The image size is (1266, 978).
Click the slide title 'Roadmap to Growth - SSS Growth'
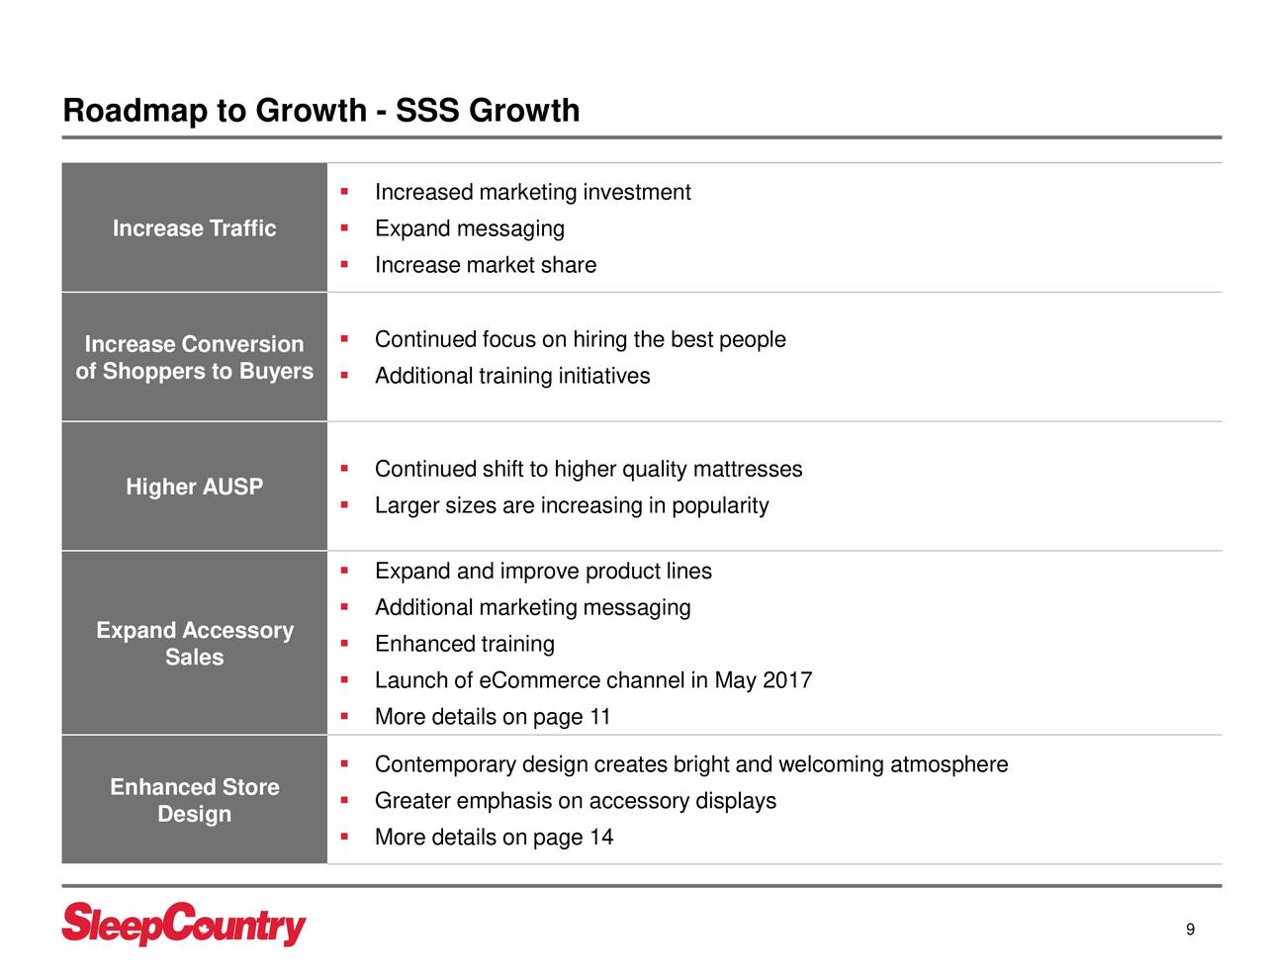click(320, 111)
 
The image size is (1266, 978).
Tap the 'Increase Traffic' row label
click(194, 228)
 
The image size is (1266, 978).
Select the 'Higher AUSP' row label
click(194, 487)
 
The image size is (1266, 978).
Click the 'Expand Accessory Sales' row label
click(194, 644)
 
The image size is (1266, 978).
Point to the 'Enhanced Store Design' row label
click(194, 800)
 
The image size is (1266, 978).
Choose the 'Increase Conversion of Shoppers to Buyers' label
click(194, 357)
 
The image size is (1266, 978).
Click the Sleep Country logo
click(184, 926)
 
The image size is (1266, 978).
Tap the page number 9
click(1190, 930)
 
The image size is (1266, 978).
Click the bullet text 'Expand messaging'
click(469, 228)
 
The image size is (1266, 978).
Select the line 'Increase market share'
click(485, 265)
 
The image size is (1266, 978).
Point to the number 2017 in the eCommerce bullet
click(787, 680)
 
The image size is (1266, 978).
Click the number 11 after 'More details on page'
click(599, 717)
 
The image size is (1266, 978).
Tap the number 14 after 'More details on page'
click(600, 838)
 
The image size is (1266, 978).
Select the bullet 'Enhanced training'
click(464, 644)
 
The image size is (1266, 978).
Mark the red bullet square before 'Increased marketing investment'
click(343, 190)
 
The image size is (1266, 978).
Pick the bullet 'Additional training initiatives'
click(511, 376)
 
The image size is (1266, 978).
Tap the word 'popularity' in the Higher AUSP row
click(720, 505)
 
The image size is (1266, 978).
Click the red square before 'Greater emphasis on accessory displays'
click(343, 799)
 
